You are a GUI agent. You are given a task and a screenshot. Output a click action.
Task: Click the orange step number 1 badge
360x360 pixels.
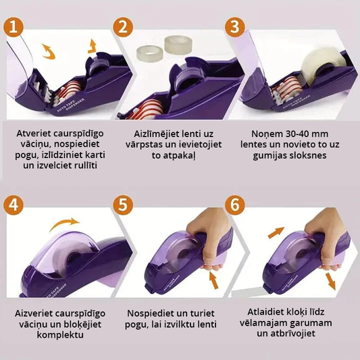pos(14,27)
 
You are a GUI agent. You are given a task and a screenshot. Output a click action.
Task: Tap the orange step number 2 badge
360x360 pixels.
pos(123,27)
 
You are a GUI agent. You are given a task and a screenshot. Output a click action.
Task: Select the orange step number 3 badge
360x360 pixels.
pos(234,27)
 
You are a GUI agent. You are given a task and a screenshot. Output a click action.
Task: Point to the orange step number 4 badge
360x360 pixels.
pos(14,205)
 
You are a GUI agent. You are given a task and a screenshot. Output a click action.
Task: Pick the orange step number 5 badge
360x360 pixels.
pos(123,205)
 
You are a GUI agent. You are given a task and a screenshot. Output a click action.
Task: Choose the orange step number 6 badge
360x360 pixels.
pos(234,205)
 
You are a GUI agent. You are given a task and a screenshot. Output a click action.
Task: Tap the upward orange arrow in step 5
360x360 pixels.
pos(213,280)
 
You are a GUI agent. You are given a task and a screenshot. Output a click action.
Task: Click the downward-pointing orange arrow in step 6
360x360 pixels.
pos(330,280)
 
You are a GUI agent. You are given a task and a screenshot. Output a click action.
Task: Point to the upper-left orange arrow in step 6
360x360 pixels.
pos(276,232)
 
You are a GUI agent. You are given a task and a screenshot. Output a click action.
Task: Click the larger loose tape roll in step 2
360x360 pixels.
pos(178,45)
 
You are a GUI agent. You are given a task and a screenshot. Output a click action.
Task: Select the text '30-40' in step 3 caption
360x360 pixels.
pos(290,134)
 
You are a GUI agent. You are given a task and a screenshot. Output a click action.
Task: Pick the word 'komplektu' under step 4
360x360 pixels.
pos(60,335)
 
